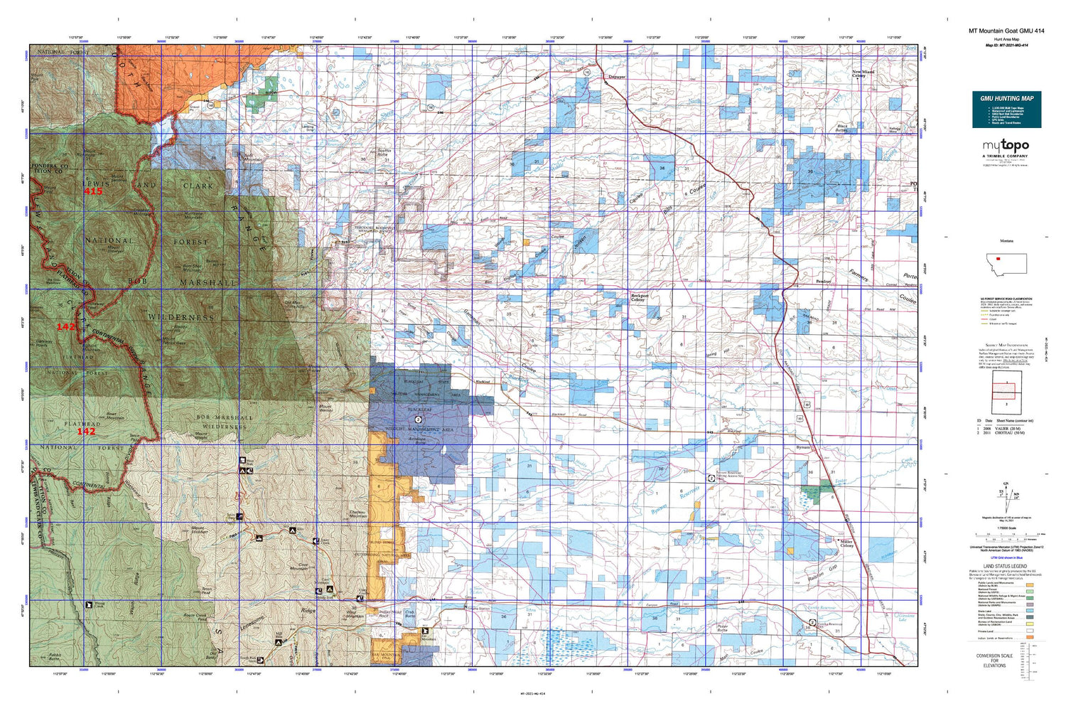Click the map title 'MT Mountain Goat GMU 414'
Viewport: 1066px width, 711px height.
tap(1006, 31)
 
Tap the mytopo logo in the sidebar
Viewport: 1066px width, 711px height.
tap(1006, 146)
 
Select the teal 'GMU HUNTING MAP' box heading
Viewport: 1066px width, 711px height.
tap(1006, 98)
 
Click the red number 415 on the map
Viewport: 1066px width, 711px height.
tap(93, 191)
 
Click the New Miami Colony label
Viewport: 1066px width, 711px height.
tap(863, 73)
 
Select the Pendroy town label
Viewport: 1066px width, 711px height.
tap(823, 282)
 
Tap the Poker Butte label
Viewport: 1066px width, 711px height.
tap(722, 628)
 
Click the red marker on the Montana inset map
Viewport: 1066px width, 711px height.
tap(998, 258)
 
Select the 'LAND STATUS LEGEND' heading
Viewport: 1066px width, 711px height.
tap(1006, 566)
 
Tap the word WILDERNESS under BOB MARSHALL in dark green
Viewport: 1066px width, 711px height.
tap(181, 317)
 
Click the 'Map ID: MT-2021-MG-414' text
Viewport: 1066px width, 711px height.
tap(1006, 46)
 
